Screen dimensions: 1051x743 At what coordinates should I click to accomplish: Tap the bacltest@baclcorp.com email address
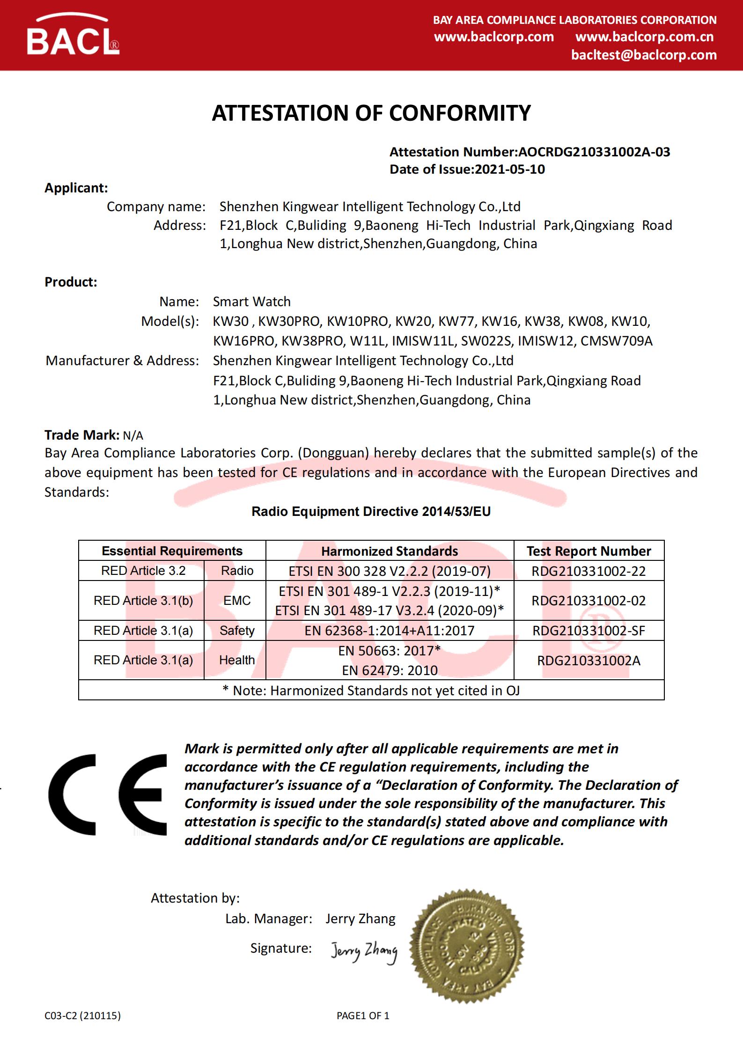644,55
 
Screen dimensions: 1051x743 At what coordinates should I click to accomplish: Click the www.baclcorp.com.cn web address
644,37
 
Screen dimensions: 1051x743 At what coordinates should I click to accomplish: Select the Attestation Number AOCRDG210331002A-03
594,152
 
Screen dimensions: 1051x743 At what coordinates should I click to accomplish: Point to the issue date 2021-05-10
510,169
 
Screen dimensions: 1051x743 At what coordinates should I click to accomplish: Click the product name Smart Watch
251,301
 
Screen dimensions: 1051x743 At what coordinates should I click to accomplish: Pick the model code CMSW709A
616,341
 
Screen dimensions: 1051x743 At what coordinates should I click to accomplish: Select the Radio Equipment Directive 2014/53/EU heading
371,511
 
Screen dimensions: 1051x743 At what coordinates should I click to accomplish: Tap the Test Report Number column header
589,551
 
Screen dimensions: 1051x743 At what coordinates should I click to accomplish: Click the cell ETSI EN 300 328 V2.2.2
390,571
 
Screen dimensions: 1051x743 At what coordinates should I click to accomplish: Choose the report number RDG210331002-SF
589,631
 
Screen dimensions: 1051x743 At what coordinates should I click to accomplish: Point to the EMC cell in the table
237,601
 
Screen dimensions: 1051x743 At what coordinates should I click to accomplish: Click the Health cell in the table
237,660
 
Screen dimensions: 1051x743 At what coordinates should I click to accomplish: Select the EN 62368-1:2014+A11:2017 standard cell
390,631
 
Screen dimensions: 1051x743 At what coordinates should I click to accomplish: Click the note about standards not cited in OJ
371,691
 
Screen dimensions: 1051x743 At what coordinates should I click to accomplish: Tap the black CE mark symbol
108,794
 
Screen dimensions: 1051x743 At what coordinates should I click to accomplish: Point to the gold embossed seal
467,947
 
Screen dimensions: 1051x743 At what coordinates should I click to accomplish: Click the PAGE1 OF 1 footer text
363,1015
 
